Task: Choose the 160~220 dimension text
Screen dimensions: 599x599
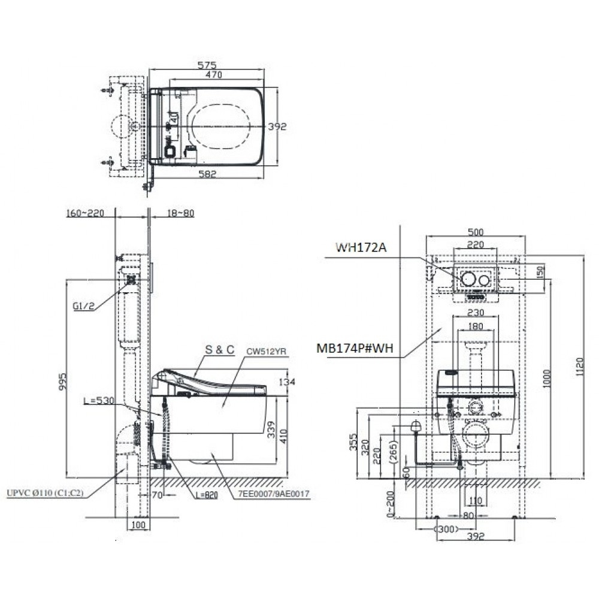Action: click(x=87, y=213)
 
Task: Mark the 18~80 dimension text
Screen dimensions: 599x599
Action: click(x=180, y=213)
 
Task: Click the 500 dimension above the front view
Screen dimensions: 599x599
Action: click(x=476, y=233)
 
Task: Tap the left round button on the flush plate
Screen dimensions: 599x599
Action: click(x=468, y=280)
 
